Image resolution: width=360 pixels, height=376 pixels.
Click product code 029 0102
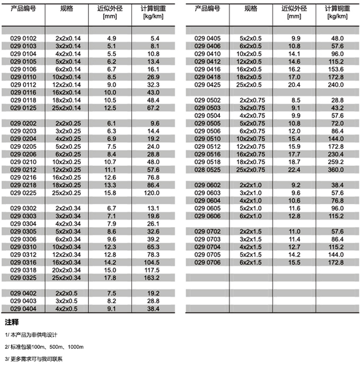click(x=23, y=39)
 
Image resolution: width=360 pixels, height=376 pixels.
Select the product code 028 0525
click(x=208, y=169)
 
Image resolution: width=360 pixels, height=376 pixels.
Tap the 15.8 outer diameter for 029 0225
click(x=112, y=192)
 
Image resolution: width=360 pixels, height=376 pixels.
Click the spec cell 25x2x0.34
click(x=67, y=277)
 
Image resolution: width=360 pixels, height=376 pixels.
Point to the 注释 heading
click(x=11, y=322)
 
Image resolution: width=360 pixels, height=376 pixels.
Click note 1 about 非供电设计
click(x=31, y=335)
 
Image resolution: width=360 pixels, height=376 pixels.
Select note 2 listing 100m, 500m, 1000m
click(x=44, y=347)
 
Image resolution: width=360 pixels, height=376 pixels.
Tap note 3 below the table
click(x=34, y=359)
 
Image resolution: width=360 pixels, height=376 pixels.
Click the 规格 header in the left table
click(x=67, y=9)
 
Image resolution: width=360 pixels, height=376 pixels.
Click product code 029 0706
click(x=208, y=262)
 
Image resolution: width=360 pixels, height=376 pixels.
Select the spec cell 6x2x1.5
click(x=251, y=262)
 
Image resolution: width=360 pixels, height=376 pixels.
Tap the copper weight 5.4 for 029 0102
click(x=154, y=39)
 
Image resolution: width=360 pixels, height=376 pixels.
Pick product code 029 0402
click(x=23, y=293)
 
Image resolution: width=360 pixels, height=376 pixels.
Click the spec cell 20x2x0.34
click(x=67, y=270)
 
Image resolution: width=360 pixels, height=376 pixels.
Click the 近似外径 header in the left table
click(x=111, y=9)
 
